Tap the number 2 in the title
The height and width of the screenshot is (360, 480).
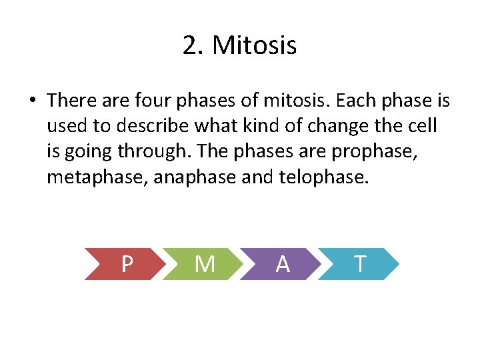[190, 46]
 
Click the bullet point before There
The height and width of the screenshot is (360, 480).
[31, 101]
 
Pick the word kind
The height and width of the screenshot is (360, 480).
[263, 126]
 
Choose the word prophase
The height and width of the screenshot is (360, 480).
[376, 152]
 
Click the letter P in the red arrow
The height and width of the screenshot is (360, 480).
[127, 265]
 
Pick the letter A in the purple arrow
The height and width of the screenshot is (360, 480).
[283, 265]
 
